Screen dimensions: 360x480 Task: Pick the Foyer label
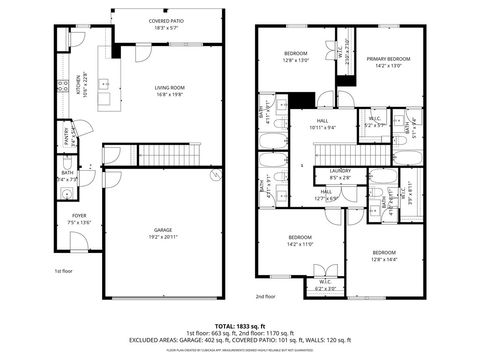click(78, 219)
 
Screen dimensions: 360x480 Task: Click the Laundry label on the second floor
click(340, 172)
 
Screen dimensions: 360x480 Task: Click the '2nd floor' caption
click(264, 296)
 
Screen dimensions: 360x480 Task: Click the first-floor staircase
click(170, 154)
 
